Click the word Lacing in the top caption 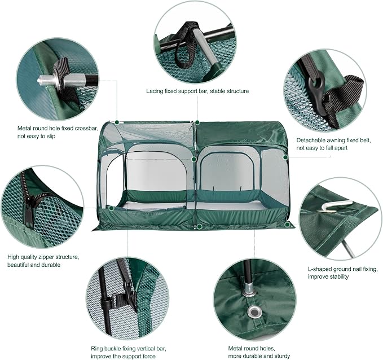tap(155, 91)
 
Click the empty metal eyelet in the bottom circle tap(255, 312)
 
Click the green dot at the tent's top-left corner tap(117, 122)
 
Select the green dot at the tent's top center tap(197, 122)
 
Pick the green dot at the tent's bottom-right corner tap(287, 224)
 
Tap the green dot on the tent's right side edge tap(285, 157)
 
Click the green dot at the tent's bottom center tap(199, 227)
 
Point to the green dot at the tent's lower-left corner tap(111, 208)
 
